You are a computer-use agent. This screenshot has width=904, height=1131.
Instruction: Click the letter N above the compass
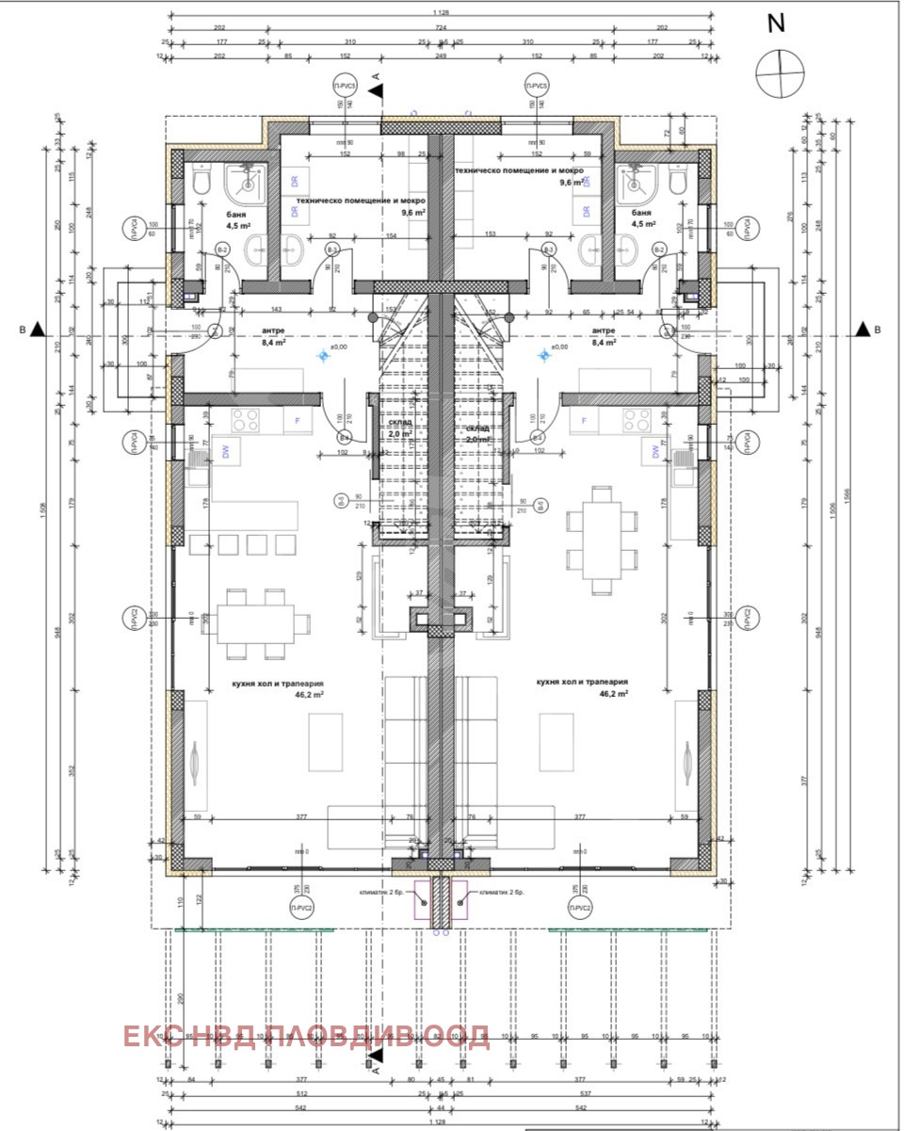pos(776,24)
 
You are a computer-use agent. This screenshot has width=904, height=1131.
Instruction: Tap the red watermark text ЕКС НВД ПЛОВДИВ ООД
pos(306,1037)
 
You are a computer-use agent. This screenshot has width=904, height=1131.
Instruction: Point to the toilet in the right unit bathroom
pos(677,181)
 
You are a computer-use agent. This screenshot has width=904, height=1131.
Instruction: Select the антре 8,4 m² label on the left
pos(247,337)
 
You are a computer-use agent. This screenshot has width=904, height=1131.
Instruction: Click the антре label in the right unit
pos(604,331)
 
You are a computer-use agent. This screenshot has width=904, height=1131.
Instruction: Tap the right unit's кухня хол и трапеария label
pos(581,682)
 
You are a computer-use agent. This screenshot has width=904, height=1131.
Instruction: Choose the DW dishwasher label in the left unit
pos(226,452)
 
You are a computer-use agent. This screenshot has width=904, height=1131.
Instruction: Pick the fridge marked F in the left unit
pos(299,420)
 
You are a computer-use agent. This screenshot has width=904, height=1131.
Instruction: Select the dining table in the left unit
pos(255,622)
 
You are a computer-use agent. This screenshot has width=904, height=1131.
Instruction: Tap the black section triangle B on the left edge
pos(36,329)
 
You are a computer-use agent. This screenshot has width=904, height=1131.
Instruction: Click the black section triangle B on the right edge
pos(861,329)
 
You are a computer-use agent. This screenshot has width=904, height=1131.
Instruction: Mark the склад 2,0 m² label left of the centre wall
pos(399,429)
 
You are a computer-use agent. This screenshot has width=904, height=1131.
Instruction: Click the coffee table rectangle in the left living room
pos(326,740)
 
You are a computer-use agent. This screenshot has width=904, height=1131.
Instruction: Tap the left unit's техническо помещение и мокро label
pos(361,201)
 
